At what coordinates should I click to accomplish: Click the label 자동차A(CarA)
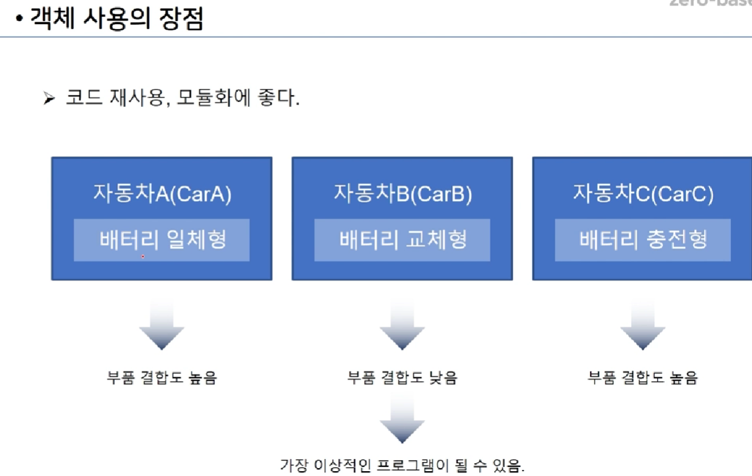(x=162, y=194)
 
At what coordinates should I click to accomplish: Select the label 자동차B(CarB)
(x=402, y=194)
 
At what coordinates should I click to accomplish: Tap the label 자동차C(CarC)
(x=643, y=194)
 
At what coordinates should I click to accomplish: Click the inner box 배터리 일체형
(x=162, y=240)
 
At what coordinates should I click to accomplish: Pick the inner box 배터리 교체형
(x=402, y=240)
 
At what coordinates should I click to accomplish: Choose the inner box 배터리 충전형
(x=643, y=240)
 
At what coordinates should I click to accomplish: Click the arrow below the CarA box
(x=161, y=325)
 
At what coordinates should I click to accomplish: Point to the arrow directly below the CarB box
(x=402, y=325)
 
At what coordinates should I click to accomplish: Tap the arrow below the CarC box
(x=642, y=325)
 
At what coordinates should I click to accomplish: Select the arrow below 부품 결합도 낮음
(x=402, y=419)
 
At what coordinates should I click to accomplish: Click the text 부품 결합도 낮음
(x=402, y=378)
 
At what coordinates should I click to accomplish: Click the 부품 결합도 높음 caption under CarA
(x=161, y=378)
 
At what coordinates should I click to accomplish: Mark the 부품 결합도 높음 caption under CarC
(x=643, y=378)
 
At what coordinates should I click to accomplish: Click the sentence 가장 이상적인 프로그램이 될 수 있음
(x=402, y=466)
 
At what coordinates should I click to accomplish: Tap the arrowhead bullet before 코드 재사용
(x=49, y=98)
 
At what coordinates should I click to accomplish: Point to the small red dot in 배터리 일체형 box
(x=143, y=257)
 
